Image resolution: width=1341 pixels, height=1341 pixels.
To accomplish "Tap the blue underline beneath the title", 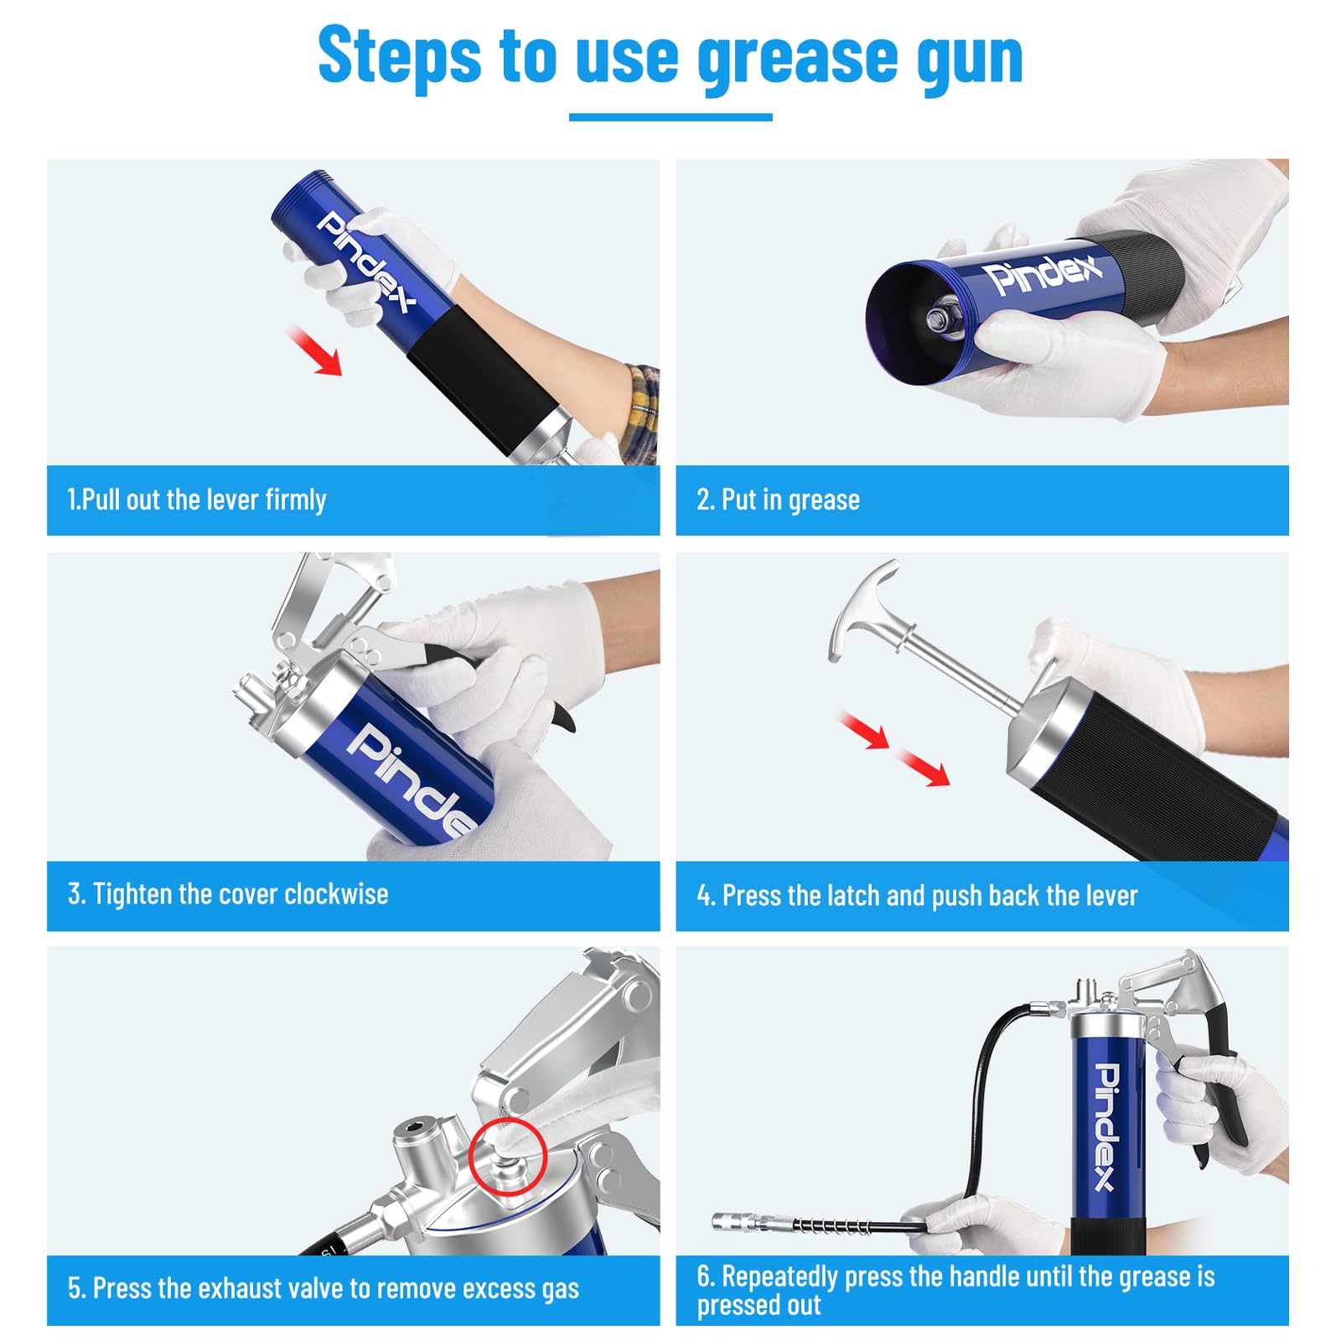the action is (x=670, y=117).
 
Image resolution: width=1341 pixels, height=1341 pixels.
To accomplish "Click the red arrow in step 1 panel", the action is (x=315, y=350).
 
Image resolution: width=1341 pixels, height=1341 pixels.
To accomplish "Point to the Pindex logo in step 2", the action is (x=1043, y=274).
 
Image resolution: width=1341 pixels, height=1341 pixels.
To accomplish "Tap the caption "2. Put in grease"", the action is (x=778, y=500).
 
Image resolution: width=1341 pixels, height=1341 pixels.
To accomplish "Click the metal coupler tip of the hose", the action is (x=737, y=1223).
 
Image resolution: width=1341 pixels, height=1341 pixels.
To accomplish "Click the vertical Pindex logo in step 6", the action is (x=1106, y=1126).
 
